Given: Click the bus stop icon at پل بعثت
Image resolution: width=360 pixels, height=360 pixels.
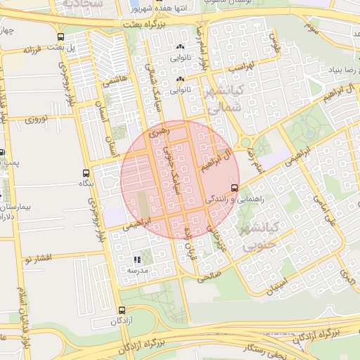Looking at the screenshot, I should (x=60, y=37).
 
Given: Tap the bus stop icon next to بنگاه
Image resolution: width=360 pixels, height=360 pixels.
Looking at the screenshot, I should (x=86, y=173).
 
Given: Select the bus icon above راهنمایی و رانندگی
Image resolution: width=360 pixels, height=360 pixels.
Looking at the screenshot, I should (x=234, y=188).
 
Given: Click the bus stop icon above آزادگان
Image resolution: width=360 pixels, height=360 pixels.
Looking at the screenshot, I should (x=122, y=310).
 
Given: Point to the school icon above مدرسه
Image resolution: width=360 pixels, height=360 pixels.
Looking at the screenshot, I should (x=136, y=259).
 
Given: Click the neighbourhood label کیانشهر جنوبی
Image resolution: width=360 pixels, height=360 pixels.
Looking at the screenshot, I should (x=261, y=237).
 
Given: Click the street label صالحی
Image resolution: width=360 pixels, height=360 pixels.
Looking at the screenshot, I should (x=208, y=277).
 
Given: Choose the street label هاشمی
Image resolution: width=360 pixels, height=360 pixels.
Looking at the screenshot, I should (x=115, y=82).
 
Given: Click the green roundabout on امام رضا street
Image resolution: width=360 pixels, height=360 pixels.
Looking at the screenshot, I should (x=245, y=143).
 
